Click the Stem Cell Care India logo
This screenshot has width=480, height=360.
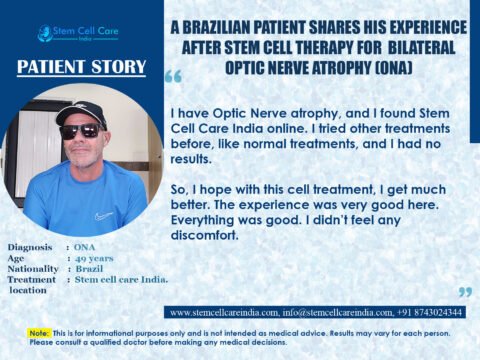click(x=77, y=33)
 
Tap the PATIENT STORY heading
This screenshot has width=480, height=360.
click(x=82, y=68)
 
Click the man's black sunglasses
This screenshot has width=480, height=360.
click(x=79, y=130)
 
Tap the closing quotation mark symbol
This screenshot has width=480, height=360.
click(x=463, y=291)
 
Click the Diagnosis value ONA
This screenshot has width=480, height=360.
click(x=86, y=246)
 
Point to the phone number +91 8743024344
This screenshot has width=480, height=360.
click(x=430, y=312)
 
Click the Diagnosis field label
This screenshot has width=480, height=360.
click(x=29, y=246)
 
